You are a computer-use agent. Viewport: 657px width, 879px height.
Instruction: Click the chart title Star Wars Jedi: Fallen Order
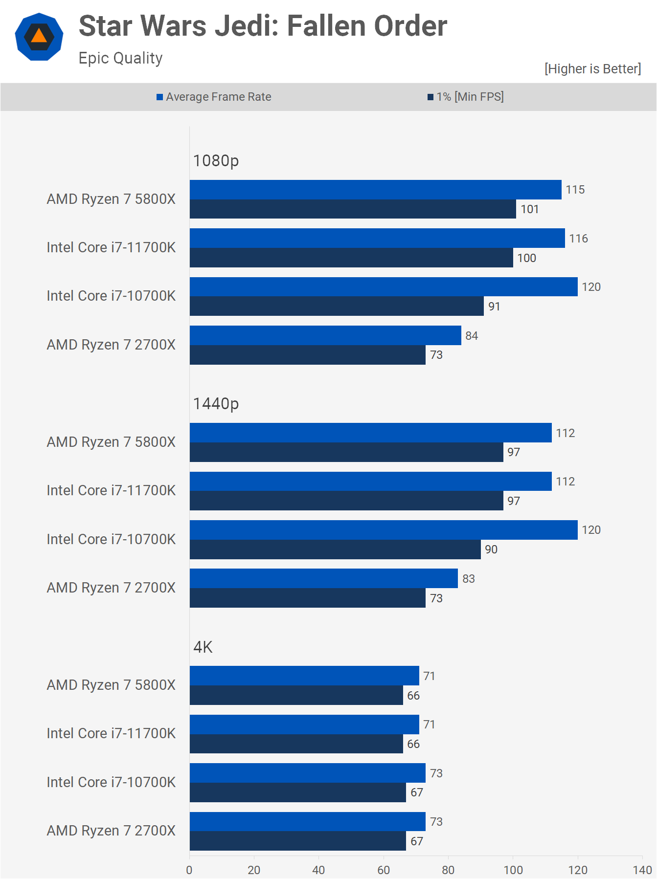(x=263, y=26)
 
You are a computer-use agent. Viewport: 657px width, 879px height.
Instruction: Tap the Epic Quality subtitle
(x=120, y=58)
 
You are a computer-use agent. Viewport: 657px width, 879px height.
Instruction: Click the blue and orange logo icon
(x=39, y=37)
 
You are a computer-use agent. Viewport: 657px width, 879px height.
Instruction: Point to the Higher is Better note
(x=592, y=69)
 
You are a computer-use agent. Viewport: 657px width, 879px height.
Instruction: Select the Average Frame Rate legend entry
(x=214, y=97)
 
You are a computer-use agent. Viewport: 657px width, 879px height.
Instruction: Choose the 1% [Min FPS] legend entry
(x=466, y=97)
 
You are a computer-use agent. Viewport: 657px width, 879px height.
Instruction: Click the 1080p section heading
(x=216, y=160)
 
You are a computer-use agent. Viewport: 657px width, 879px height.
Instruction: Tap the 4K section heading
(x=203, y=647)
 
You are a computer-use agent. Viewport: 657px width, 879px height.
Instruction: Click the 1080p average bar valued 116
(x=377, y=238)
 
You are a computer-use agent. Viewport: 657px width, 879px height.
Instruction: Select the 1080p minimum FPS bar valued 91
(x=337, y=306)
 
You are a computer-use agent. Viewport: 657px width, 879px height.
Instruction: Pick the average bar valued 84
(x=325, y=335)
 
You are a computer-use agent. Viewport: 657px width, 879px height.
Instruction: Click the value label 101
(x=529, y=209)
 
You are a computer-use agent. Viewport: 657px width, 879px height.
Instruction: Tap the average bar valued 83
(x=323, y=578)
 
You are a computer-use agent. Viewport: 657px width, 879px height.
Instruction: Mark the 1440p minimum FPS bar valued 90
(x=335, y=549)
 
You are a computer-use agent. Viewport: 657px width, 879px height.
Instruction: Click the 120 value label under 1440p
(x=591, y=530)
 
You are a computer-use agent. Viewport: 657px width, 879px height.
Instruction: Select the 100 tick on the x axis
(x=513, y=870)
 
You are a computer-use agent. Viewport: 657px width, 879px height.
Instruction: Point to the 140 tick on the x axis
(x=642, y=870)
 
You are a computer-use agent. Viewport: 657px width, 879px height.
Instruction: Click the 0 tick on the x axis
(x=189, y=870)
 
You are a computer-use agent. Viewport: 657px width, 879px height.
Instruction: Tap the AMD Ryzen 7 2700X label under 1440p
(x=111, y=588)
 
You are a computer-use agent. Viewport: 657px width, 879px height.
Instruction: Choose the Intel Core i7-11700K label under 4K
(x=111, y=733)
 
